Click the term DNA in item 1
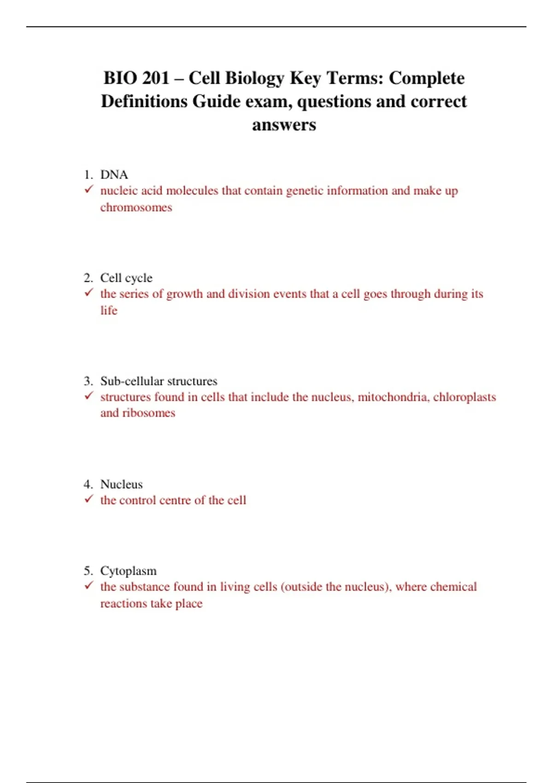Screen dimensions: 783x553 click(114, 175)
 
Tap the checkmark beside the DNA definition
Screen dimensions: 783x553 click(89, 189)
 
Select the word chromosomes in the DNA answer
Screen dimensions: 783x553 click(136, 207)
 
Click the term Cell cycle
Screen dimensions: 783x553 click(126, 278)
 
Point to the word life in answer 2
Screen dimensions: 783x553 click(109, 310)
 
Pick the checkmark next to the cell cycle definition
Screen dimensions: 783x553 click(89, 292)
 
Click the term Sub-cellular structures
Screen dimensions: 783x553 click(159, 381)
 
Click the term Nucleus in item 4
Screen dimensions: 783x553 click(121, 484)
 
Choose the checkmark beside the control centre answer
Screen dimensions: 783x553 click(89, 499)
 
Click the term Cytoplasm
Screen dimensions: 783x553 click(128, 571)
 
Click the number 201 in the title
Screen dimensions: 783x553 click(156, 78)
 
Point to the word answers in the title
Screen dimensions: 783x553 click(284, 124)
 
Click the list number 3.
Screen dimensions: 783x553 click(88, 381)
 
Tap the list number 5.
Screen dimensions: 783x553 click(88, 571)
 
